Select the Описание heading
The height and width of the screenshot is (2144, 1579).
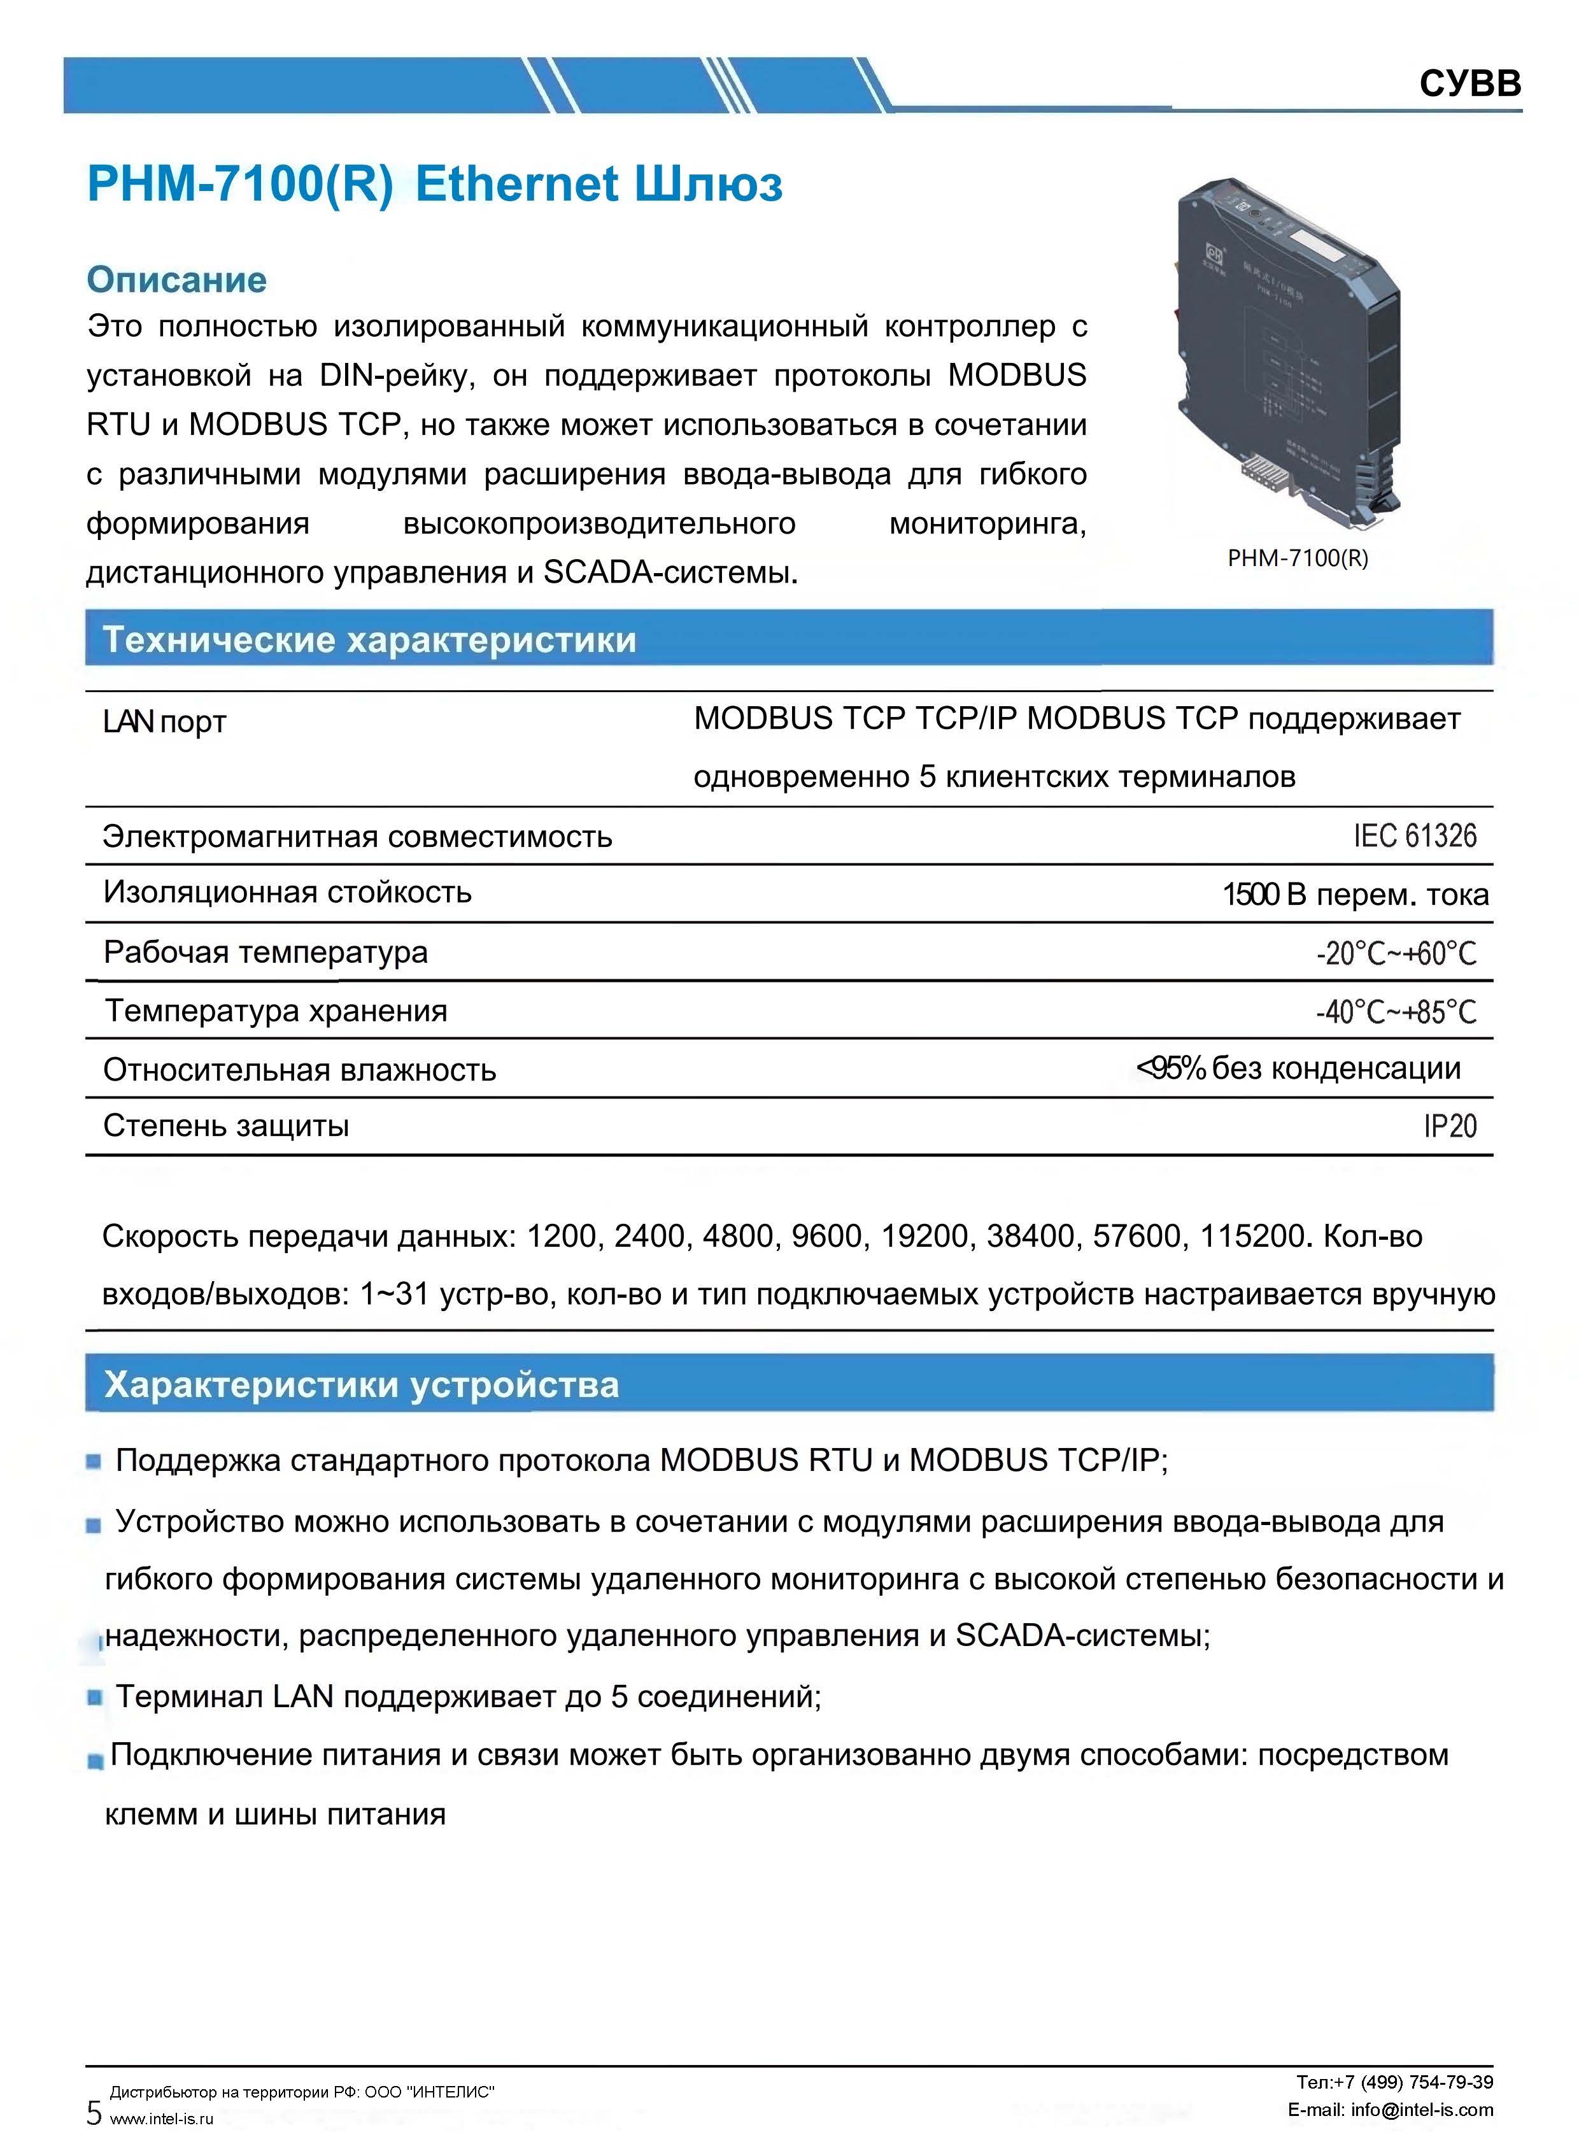(177, 280)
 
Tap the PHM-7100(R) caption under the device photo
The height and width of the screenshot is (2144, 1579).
(1297, 558)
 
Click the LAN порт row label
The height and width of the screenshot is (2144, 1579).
(164, 721)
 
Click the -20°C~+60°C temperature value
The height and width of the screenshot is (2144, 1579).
(1396, 953)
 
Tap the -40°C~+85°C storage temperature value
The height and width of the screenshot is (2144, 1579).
(1396, 1011)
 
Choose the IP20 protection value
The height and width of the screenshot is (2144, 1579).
(1449, 1126)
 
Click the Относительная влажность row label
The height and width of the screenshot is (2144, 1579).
(299, 1070)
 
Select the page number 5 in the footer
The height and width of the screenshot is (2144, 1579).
(94, 2112)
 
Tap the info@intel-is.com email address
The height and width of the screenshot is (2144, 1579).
(1421, 2110)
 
